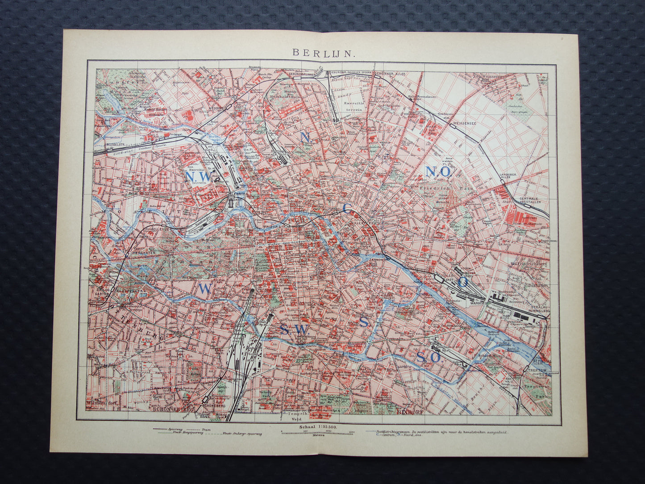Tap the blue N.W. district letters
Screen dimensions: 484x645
(x=197, y=177)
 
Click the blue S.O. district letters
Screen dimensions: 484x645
(x=429, y=357)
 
